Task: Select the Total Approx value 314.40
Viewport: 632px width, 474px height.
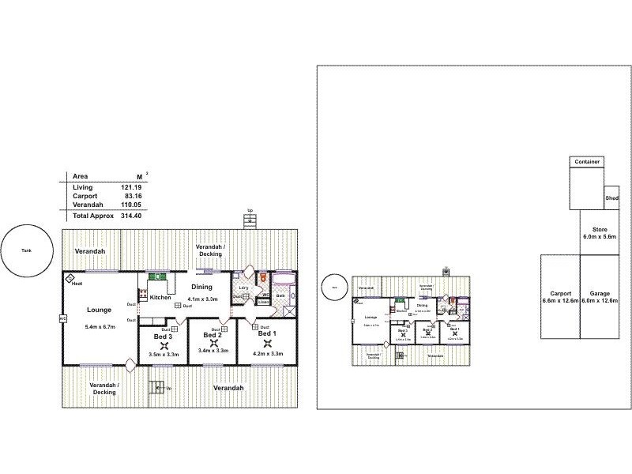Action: [131, 215]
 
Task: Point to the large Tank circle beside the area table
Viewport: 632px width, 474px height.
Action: [27, 251]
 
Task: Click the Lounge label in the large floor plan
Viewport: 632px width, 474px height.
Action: [100, 310]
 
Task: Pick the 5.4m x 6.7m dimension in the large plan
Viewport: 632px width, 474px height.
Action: [100, 326]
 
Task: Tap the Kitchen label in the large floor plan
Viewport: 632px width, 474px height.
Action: [160, 298]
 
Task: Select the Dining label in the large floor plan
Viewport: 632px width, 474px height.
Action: [201, 287]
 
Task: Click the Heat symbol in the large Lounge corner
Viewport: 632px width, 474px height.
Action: [70, 279]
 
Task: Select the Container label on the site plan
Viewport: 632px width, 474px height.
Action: [587, 162]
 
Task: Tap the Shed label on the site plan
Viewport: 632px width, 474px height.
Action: [611, 199]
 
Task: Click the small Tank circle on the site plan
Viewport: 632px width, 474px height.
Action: [334, 288]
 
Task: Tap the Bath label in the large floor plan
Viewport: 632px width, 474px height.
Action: [280, 295]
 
